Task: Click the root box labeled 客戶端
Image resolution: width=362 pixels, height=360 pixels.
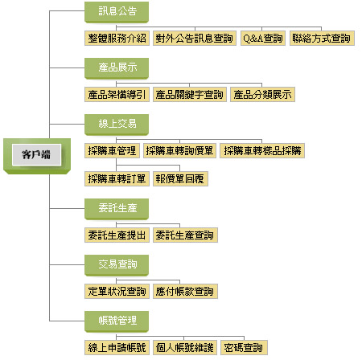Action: (37, 156)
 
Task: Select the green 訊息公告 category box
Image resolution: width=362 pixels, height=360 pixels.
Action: (117, 12)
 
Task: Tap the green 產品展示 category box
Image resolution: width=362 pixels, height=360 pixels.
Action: (117, 68)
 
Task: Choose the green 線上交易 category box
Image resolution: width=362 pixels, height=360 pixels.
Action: (117, 125)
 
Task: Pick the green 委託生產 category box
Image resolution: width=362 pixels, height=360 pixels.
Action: (117, 209)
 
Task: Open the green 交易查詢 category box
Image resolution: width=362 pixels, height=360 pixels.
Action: (117, 265)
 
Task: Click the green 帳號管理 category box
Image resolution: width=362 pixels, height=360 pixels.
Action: (117, 321)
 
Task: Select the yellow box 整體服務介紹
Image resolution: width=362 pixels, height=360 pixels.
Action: (117, 39)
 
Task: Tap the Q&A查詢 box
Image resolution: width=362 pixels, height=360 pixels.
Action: (263, 39)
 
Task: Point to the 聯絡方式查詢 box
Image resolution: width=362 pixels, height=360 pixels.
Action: (322, 39)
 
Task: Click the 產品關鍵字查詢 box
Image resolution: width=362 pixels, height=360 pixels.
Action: (190, 95)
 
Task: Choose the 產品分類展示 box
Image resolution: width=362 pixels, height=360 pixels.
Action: (262, 95)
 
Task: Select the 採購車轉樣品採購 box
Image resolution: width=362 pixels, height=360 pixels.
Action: (262, 151)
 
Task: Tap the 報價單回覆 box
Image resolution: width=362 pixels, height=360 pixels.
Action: (180, 179)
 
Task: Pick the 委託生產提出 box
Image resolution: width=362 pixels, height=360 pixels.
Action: (117, 235)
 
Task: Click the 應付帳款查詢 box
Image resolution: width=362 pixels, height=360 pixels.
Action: (185, 292)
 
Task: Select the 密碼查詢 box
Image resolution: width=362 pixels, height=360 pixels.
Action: (244, 348)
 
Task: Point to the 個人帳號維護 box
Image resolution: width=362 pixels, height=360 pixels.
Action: (185, 348)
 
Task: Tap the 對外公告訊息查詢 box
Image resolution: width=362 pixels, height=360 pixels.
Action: (195, 39)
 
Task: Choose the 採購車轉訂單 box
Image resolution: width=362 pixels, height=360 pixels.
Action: (117, 179)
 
